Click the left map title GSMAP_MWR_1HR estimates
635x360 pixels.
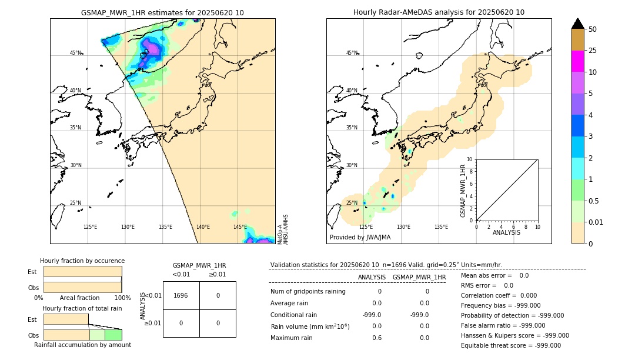point(162,12)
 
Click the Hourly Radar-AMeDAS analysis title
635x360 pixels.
point(439,12)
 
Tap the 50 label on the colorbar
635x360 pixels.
point(593,29)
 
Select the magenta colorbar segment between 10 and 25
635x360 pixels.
point(577,61)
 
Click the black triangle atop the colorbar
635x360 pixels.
point(577,24)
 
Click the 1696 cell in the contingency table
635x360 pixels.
point(181,295)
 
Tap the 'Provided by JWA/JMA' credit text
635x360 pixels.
point(360,237)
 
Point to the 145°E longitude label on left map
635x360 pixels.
point(240,227)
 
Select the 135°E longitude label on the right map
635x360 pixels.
point(441,227)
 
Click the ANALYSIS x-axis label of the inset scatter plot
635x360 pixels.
point(507,232)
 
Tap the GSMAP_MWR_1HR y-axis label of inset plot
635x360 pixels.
point(463,191)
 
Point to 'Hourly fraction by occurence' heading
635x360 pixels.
point(82,261)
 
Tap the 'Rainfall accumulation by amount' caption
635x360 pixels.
point(82,345)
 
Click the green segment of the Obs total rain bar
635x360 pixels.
point(113,335)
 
